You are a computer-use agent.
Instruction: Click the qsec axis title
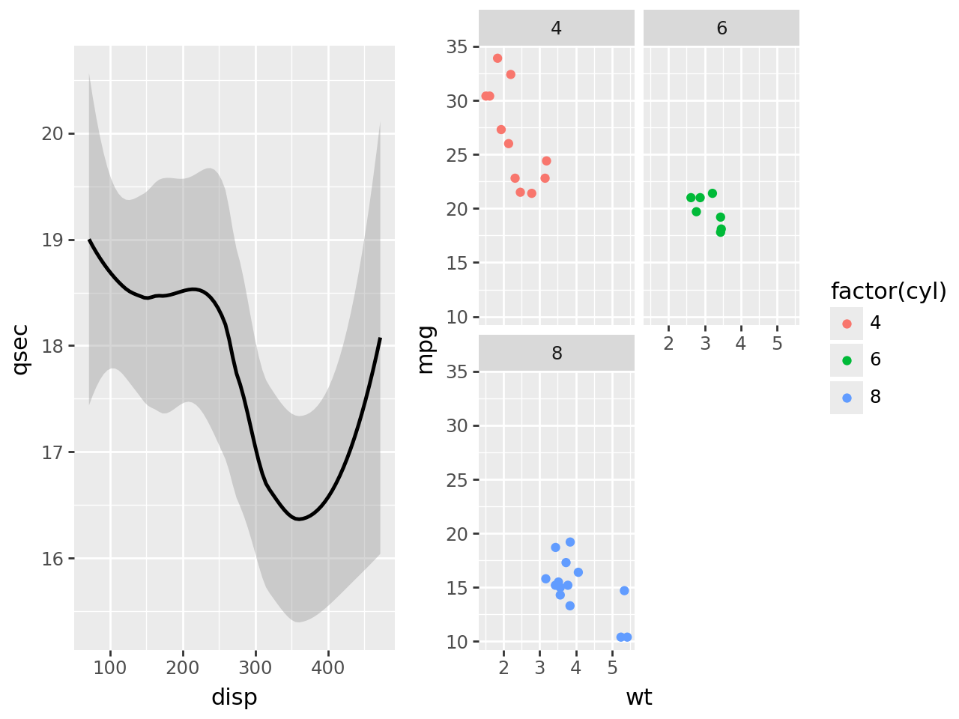20,348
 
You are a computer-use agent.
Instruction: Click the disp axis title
234,697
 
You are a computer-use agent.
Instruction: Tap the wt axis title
638,697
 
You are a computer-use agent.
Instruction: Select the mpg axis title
425,348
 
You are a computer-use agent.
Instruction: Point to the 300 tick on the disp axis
255,667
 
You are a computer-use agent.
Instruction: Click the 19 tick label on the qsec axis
53,240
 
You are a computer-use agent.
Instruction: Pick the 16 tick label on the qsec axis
53,559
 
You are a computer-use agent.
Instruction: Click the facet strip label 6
721,28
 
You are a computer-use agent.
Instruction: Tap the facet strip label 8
557,354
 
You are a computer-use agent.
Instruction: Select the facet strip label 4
556,28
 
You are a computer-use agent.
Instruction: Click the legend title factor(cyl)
889,291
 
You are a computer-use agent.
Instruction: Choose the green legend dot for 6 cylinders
847,360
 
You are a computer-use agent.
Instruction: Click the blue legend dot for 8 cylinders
847,398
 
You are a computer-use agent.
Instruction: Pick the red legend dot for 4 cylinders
847,324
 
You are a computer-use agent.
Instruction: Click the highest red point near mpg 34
497,58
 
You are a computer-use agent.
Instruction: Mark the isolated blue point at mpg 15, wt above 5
624,591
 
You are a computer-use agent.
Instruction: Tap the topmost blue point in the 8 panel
570,542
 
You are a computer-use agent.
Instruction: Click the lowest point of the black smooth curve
299,519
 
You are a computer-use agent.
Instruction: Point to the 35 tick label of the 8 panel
458,372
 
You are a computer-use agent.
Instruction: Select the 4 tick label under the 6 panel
741,344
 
